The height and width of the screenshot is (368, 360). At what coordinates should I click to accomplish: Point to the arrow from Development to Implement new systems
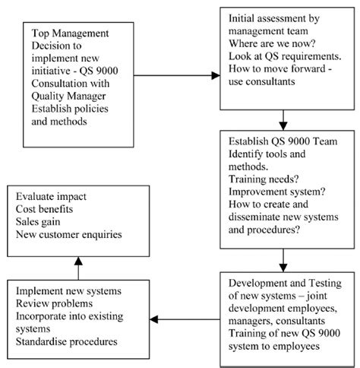tap(183, 317)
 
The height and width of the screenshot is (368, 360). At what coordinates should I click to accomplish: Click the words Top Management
tap(72, 34)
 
